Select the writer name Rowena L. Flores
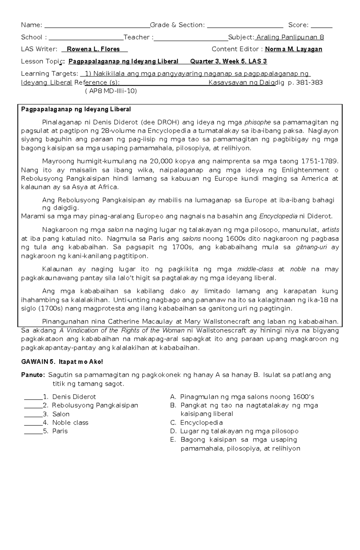tap(93, 49)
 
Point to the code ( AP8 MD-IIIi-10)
tap(111, 91)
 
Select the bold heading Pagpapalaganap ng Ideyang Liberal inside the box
tap(76, 109)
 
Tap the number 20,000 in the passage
tap(160, 161)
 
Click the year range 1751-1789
tap(319, 161)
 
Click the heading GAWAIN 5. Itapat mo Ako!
tap(62, 362)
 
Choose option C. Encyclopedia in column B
tap(196, 423)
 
